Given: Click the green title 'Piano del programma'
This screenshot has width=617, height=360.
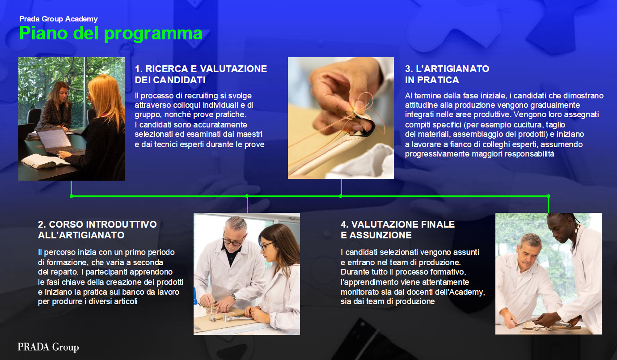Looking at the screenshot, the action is (x=111, y=34).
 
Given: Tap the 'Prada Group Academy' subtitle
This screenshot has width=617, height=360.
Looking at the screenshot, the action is (x=59, y=19).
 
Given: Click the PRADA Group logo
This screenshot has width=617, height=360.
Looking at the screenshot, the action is (x=48, y=347).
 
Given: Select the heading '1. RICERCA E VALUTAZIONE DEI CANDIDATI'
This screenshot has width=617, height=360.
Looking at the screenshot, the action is (x=201, y=74).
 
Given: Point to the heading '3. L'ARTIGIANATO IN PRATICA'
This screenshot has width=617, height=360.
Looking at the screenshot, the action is (x=447, y=74).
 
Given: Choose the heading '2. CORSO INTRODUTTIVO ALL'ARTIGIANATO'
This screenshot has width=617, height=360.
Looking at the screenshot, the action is (x=97, y=229).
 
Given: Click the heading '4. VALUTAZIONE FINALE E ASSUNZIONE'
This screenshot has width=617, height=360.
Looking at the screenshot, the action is (x=397, y=229).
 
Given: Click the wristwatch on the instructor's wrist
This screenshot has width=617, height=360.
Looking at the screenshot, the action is (x=233, y=296).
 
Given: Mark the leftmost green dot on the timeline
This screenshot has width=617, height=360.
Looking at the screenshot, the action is (x=72, y=196).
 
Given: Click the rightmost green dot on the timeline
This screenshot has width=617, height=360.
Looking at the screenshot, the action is (x=549, y=196).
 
